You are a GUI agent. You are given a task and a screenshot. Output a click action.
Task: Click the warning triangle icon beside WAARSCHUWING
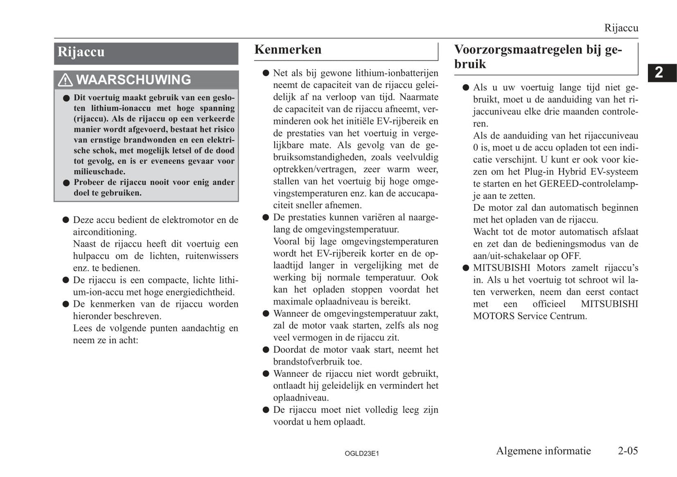pyautogui.click(x=65, y=80)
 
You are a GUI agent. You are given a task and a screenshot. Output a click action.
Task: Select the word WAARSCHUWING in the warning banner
pyautogui.click(x=134, y=80)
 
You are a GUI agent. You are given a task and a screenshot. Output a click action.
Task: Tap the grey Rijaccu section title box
pyautogui.click(x=146, y=53)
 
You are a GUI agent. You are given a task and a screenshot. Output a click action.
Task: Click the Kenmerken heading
pyautogui.click(x=288, y=50)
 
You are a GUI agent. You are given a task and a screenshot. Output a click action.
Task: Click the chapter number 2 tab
pyautogui.click(x=659, y=73)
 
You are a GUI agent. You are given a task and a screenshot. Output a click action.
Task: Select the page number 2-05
pyautogui.click(x=627, y=451)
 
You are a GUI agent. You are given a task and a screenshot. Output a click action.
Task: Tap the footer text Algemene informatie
pyautogui.click(x=543, y=451)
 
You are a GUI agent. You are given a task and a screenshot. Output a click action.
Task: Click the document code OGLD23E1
pyautogui.click(x=361, y=454)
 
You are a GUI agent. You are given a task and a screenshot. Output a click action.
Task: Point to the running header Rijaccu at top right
pyautogui.click(x=621, y=28)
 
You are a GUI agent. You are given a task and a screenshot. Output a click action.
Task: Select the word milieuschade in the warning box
pyautogui.click(x=99, y=172)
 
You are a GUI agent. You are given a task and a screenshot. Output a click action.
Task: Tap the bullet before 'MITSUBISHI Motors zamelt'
pyautogui.click(x=466, y=268)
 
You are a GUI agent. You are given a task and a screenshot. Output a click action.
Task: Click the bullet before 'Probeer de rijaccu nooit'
pyautogui.click(x=67, y=183)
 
